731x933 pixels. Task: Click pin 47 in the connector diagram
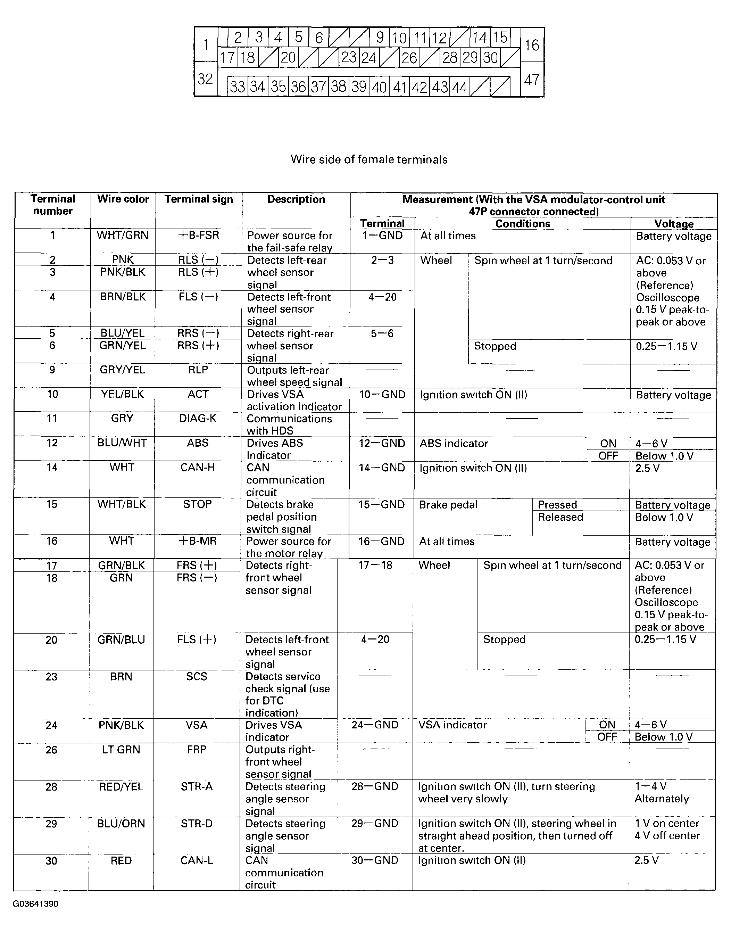click(532, 80)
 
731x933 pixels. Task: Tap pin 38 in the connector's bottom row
click(339, 87)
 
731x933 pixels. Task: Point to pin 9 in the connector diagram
click(379, 38)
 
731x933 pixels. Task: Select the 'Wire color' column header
click(123, 199)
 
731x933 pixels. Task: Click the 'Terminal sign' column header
click(199, 199)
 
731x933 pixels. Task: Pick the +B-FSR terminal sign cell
click(199, 236)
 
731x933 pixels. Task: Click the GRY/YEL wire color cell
click(122, 370)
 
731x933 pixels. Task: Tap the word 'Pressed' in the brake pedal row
click(557, 505)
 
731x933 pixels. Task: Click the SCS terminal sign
click(197, 676)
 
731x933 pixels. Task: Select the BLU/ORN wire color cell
click(121, 824)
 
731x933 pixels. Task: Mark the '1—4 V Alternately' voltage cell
click(662, 793)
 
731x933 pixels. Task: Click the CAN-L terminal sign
click(197, 860)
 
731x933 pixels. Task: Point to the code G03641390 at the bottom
click(35, 904)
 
